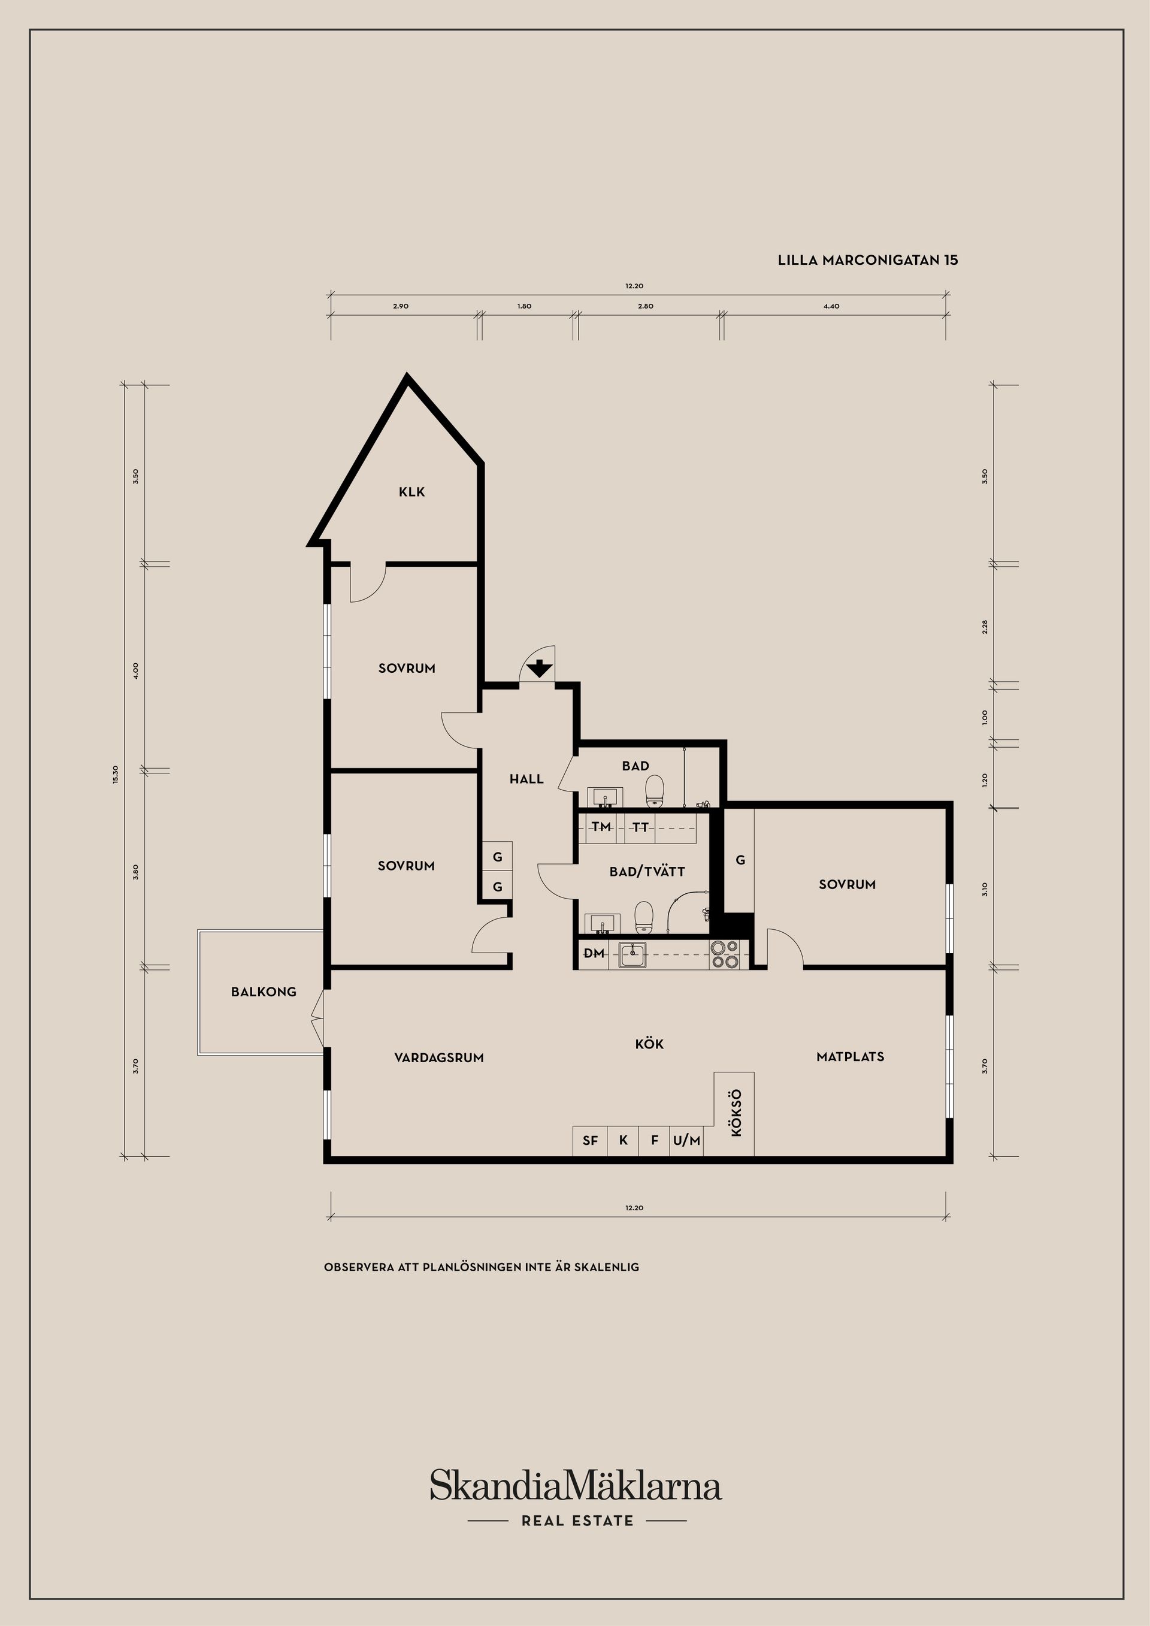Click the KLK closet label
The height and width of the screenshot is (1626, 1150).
coord(411,491)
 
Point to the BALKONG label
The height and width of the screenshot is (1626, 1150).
coord(264,992)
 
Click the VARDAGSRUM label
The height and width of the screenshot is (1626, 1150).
coord(439,1057)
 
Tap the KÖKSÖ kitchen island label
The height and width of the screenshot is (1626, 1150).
coord(736,1113)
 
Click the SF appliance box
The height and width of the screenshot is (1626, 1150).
coord(590,1140)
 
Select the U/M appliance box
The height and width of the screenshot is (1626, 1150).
coord(687,1140)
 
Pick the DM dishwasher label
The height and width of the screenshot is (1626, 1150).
coord(594,953)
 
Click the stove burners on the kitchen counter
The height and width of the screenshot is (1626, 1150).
coord(724,954)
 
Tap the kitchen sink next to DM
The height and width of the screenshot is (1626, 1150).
coord(632,954)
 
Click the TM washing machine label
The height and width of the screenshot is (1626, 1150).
coord(601,826)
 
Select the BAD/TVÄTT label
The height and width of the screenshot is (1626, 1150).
coord(647,872)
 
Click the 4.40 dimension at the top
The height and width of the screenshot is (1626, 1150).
coord(831,307)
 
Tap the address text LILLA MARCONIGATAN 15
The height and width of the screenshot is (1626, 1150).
coord(867,260)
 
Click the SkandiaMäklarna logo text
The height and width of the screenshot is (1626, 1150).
coord(576,1486)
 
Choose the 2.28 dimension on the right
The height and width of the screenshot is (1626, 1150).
coord(984,627)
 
